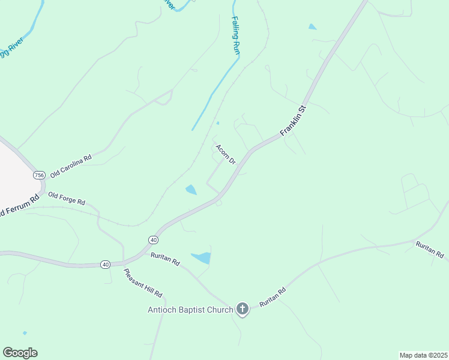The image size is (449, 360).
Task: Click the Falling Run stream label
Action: [236, 36]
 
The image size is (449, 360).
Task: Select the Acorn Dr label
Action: [225, 154]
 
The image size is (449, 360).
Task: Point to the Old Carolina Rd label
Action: [71, 166]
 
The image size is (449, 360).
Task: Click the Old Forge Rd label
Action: [67, 199]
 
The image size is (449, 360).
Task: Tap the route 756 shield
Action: [39, 175]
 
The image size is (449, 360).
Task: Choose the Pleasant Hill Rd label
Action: [143, 283]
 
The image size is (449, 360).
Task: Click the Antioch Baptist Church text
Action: [190, 310]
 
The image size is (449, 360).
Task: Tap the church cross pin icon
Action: [242, 309]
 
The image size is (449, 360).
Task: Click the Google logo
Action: [20, 353]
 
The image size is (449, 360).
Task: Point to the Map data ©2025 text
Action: [423, 355]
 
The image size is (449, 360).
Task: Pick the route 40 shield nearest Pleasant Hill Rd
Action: [106, 264]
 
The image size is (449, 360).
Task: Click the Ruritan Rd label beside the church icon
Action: [273, 297]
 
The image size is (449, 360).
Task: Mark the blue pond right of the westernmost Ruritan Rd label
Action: [202, 258]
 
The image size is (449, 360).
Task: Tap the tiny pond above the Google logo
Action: [25, 332]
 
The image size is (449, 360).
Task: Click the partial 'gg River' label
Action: [11, 46]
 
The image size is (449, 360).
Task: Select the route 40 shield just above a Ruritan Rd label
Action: [153, 240]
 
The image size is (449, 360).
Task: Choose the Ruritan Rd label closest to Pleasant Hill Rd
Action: [165, 259]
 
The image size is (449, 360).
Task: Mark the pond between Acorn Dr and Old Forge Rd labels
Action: [191, 190]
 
